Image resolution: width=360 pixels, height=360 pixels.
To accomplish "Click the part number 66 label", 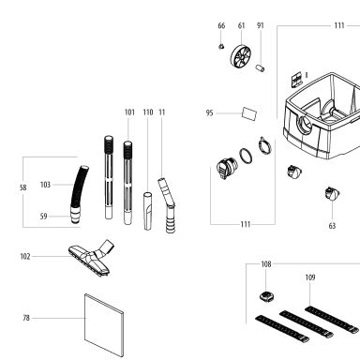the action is pos(221,25).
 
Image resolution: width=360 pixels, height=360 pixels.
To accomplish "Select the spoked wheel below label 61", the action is pos(241,56).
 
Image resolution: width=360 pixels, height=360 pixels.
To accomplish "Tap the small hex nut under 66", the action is pos(221,46).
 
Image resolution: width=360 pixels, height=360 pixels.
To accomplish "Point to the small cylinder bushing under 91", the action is pos(260,67).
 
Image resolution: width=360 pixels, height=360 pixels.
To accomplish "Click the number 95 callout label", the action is pos(209,112).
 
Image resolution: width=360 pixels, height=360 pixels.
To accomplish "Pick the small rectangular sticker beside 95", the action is pos(249,113).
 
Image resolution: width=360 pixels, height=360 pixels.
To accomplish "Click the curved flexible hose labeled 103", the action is pos(79,186).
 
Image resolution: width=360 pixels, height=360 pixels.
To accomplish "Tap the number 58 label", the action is pos(22,187).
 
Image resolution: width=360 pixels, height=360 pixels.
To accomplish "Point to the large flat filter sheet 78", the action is pos(104,325).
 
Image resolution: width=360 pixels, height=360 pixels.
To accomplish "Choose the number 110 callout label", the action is pos(148,112).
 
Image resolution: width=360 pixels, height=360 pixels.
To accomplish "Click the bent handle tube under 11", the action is pos(167,205).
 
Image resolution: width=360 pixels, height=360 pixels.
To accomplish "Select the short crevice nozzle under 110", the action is pos(148,211).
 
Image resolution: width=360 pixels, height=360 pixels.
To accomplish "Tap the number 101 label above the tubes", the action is pos(129,112).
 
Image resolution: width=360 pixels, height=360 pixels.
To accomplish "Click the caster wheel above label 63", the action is pos(332,194).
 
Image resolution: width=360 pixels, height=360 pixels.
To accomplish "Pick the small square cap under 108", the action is pos(266,296).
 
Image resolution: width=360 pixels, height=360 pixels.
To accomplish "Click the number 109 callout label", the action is pos(310,277).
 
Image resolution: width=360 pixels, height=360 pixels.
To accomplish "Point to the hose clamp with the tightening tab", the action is pos(264,145).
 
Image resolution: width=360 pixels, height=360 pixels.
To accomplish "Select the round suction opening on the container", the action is pos(305,126).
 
